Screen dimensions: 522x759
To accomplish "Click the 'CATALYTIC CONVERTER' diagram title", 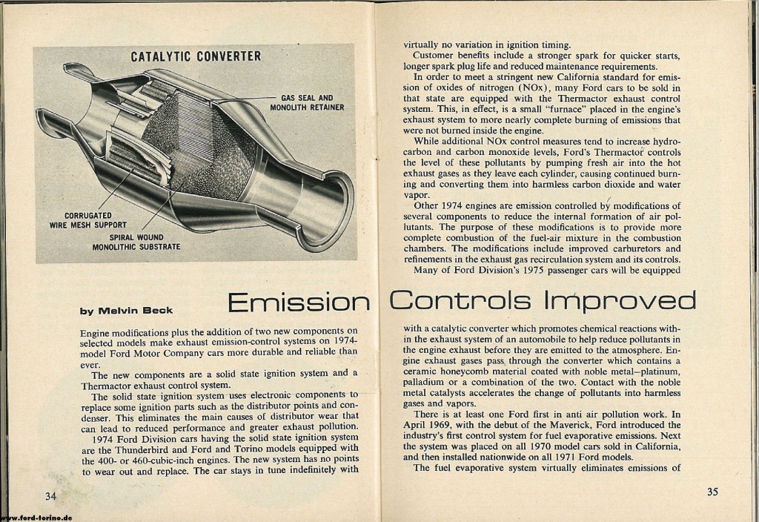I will [x=196, y=56].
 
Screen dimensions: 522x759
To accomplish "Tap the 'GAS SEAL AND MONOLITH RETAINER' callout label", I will [x=312, y=102].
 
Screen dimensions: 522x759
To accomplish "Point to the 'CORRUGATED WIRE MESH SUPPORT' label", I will [x=88, y=220].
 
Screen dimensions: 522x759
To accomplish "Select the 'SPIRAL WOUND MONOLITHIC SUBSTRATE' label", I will [x=136, y=242].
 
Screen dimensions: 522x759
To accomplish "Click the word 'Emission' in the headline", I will [x=299, y=302].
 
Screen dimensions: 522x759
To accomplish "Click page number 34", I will [x=51, y=495].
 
